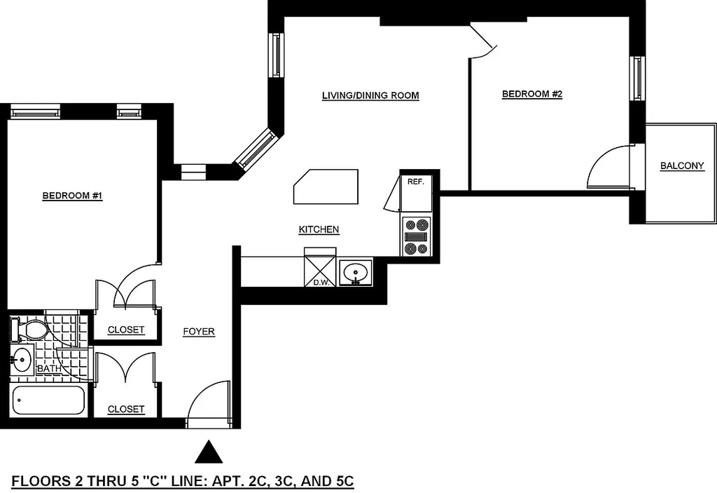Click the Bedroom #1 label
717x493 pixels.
tap(72, 196)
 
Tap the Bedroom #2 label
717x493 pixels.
tap(532, 95)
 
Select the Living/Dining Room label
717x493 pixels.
tap(370, 96)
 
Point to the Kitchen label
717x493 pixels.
tap(319, 229)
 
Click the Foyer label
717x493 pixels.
tap(198, 332)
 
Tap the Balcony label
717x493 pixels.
tap(682, 166)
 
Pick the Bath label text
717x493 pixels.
tap(49, 369)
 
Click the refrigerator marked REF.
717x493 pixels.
tap(416, 193)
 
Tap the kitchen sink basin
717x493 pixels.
tap(356, 273)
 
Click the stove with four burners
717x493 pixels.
tap(416, 236)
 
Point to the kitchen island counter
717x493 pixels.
tap(326, 187)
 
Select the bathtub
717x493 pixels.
tap(48, 400)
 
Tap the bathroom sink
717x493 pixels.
tap(22, 359)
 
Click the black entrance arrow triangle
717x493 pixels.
tap(209, 452)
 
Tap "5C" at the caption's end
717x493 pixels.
tap(342, 482)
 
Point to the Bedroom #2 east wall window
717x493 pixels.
tap(636, 78)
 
